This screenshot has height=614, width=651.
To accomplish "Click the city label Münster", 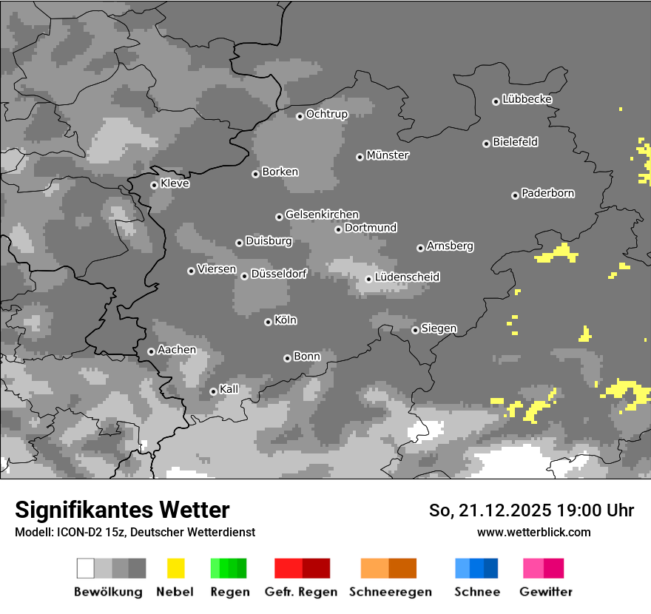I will pos(388,155).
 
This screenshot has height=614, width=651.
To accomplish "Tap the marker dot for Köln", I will pos(268,322).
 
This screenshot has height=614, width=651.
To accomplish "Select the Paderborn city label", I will pos(547,193).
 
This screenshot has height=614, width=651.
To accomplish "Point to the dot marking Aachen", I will pos(151,351).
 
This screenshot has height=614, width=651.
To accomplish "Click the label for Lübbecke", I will pos(527,99).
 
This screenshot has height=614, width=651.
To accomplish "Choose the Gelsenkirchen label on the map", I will pos(322,215).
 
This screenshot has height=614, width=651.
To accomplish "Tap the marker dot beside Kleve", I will pos(154,185).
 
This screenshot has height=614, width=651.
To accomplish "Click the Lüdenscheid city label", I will pos(407,277).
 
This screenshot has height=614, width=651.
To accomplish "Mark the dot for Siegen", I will pos(415,330).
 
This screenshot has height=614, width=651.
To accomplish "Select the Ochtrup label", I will pos(326,114).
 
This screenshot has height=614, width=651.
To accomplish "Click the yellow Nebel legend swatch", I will pos(175,568).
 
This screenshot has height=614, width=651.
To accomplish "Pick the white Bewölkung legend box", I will pos(86,568).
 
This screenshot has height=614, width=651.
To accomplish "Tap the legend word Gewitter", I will pos(545,592).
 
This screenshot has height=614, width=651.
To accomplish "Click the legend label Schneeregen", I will pos(390,592).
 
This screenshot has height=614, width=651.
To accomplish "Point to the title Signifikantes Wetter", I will pos(122,510).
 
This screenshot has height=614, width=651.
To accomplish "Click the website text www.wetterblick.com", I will pos(533,532).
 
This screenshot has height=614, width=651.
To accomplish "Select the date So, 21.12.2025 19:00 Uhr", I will pos(531,510).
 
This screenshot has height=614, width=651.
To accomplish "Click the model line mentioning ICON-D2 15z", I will pos(135,532).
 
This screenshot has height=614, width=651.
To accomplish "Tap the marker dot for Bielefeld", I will pos(486,144).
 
